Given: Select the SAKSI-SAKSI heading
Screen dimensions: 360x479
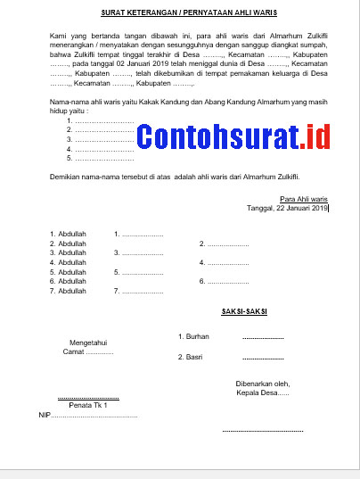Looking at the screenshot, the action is coord(245,313).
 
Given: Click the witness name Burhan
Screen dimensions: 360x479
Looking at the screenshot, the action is coord(195,336).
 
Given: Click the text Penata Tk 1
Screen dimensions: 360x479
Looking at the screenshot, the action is coord(88,405).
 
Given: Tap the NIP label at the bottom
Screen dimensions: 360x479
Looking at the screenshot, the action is coord(45,415).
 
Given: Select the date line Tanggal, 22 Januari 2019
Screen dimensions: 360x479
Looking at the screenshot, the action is coord(288,208).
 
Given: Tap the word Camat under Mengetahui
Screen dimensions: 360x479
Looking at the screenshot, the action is coord(74,351).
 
